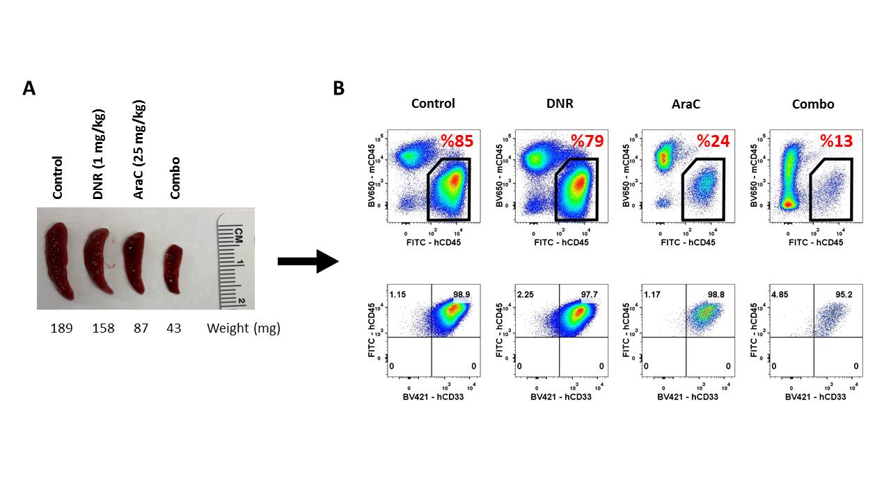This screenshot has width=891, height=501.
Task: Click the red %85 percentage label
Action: click(x=457, y=141)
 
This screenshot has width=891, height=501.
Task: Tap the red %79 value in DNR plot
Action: click(x=587, y=141)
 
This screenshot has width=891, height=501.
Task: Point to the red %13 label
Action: click(x=836, y=141)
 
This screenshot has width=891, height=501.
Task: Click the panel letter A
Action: click(x=29, y=88)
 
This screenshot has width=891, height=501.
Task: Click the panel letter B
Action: click(x=339, y=88)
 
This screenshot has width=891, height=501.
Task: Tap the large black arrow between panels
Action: click(x=307, y=262)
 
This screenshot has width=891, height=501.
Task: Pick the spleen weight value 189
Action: click(x=62, y=328)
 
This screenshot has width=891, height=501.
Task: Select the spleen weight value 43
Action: click(x=173, y=328)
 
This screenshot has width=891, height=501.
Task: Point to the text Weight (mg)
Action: click(x=243, y=328)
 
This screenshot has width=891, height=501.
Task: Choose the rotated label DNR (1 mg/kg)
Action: click(x=98, y=154)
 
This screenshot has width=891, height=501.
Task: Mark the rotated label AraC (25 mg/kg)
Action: click(x=140, y=150)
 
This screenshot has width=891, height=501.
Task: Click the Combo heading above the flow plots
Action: click(x=813, y=104)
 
